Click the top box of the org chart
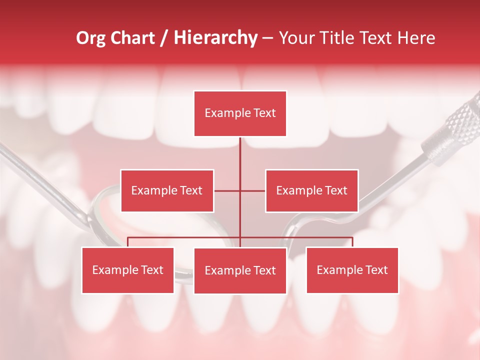pyautogui.click(x=240, y=113)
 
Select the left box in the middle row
pyautogui.click(x=167, y=190)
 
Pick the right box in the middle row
pyautogui.click(x=311, y=190)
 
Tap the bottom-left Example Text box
pyautogui.click(x=128, y=270)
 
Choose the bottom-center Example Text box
pyautogui.click(x=240, y=270)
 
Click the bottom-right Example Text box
pyautogui.click(x=352, y=270)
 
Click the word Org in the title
pyautogui.click(x=90, y=38)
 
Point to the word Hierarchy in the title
pyautogui.click(x=215, y=38)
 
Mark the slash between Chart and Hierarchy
pyautogui.click(x=164, y=38)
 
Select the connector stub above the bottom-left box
pyautogui.click(x=128, y=242)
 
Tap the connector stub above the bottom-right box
pyautogui.click(x=352, y=242)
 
